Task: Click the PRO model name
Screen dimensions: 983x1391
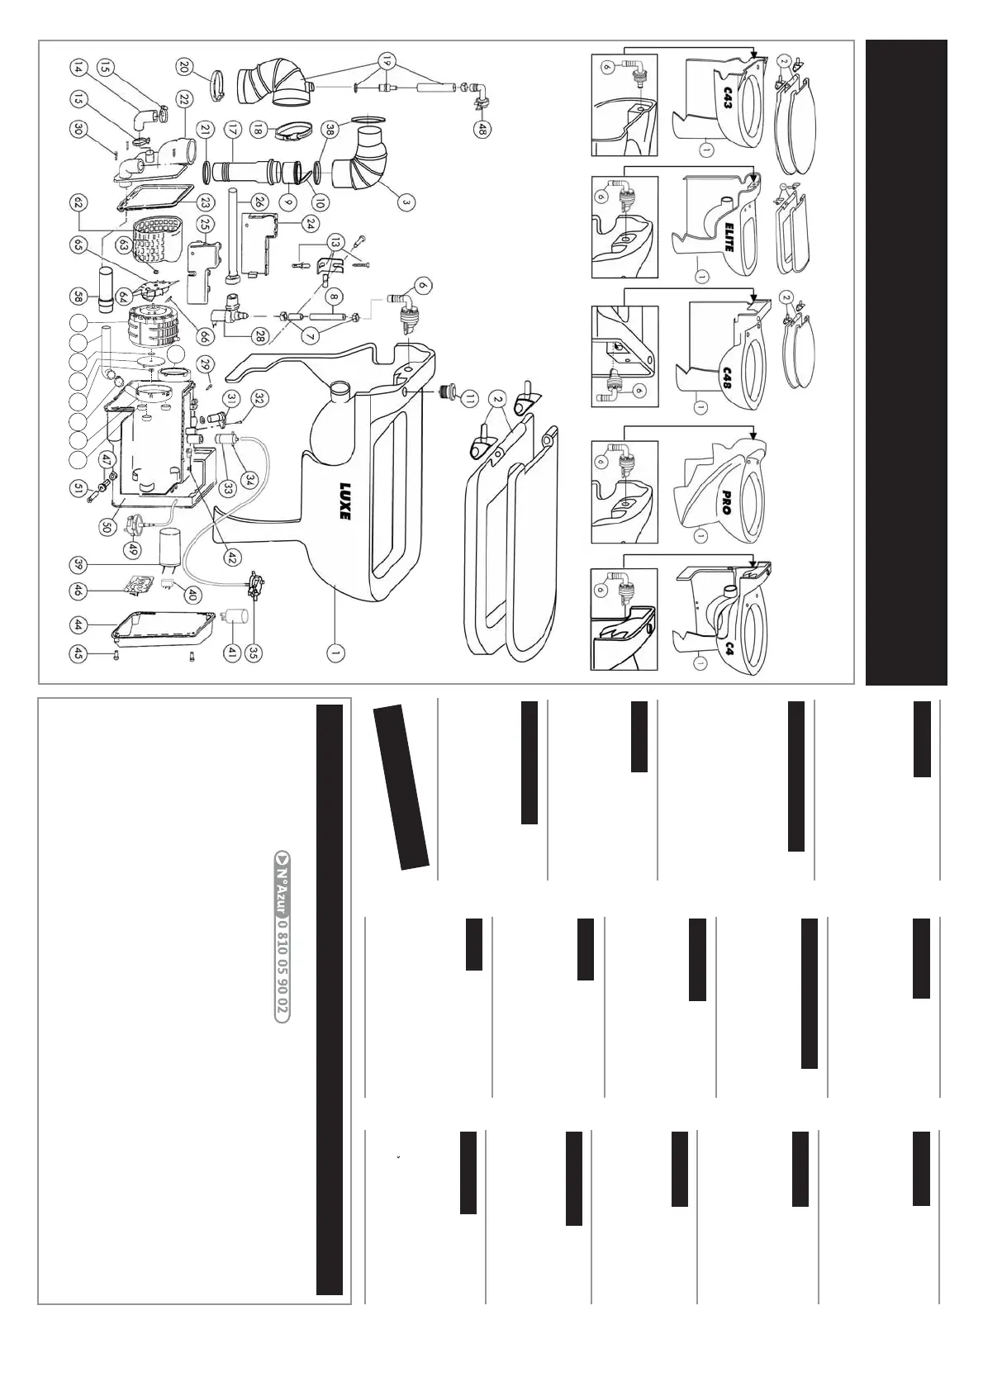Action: tap(726, 503)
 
